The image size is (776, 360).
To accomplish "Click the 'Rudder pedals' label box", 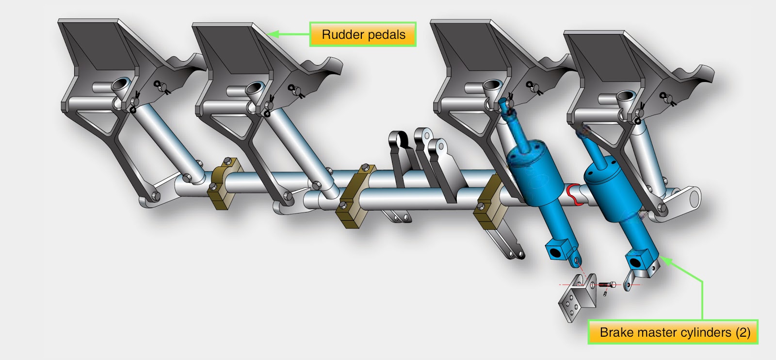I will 363,34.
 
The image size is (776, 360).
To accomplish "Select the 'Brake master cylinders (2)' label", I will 673,332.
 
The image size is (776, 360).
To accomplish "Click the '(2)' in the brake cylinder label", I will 743,332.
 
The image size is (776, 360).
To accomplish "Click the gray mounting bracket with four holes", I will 576,297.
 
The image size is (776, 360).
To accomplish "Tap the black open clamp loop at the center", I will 400,141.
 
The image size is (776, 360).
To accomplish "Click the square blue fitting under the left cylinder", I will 555,251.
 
